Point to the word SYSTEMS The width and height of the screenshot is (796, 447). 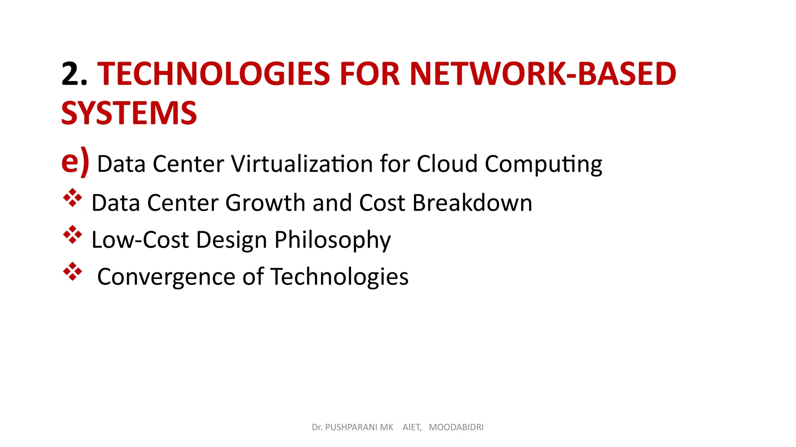pyautogui.click(x=129, y=113)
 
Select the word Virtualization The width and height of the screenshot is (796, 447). pyautogui.click(x=302, y=164)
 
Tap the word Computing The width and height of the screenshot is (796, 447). pyautogui.click(x=543, y=165)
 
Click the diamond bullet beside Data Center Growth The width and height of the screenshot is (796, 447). pyautogui.click(x=73, y=198)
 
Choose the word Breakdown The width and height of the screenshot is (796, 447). pyautogui.click(x=472, y=203)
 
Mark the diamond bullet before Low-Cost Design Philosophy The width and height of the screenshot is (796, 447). pyautogui.click(x=73, y=235)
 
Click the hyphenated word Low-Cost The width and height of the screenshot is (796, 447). pyautogui.click(x=140, y=239)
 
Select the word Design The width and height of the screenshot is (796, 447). pyautogui.click(x=231, y=240)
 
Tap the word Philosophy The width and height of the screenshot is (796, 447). pyautogui.click(x=333, y=240)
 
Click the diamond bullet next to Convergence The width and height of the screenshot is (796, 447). pyautogui.click(x=73, y=272)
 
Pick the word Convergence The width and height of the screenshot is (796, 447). pyautogui.click(x=166, y=277)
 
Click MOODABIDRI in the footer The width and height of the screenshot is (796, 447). pyautogui.click(x=456, y=427)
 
